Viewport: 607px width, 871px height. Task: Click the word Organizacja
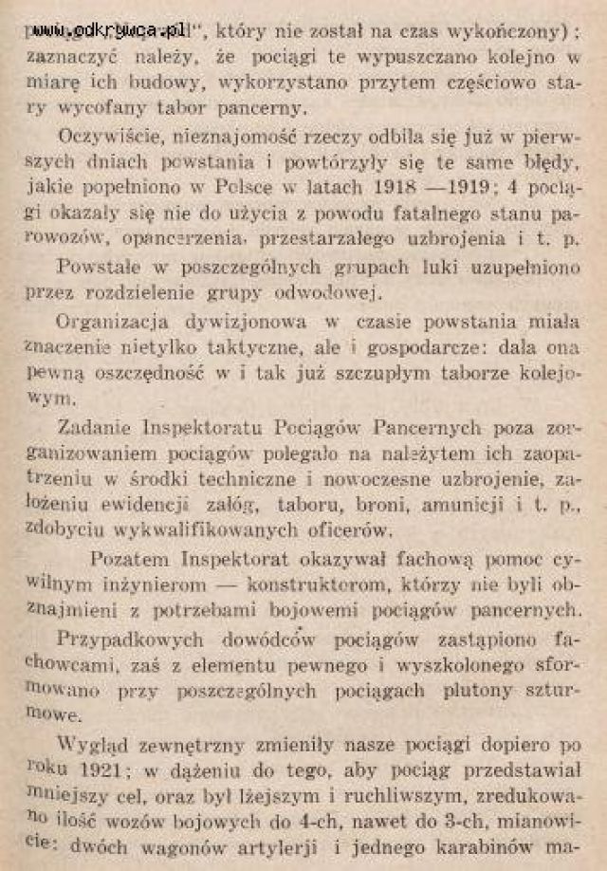coord(110,321)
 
